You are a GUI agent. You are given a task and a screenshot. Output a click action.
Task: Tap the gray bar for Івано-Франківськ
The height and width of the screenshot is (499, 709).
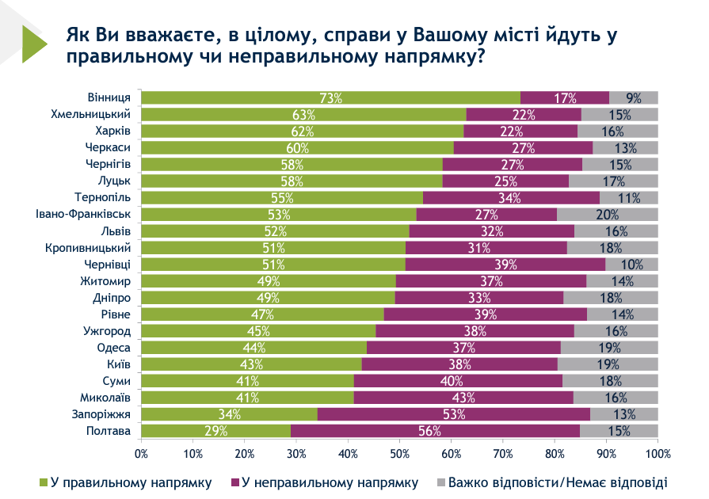[x=607, y=214]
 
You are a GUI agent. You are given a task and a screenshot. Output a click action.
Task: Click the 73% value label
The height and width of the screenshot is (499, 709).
[x=330, y=98]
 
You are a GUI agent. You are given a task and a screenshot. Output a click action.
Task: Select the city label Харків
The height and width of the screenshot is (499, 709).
[x=113, y=131]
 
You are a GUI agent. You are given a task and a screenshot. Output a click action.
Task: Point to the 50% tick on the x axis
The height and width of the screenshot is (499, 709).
[x=400, y=454]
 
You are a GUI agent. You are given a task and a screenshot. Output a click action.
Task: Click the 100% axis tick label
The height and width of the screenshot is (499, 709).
[x=658, y=454]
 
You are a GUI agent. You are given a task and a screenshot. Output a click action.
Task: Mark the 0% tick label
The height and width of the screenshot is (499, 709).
[x=142, y=454]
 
